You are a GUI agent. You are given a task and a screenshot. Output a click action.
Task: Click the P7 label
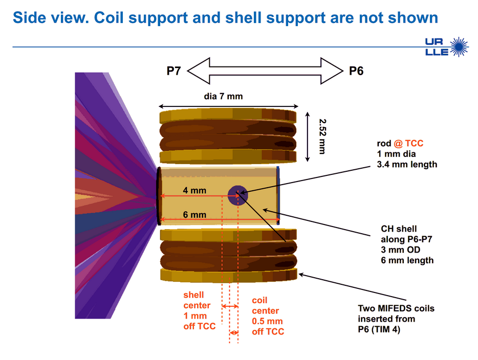pos(174,71)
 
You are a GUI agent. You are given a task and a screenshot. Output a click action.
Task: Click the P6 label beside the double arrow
pos(356,71)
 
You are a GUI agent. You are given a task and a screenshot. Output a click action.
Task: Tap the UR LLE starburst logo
pos(447,47)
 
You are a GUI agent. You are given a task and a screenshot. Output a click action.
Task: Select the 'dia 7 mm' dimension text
pos(224,96)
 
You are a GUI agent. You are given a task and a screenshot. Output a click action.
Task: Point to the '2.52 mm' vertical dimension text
pos(322,137)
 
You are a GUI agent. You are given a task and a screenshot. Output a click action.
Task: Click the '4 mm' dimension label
pos(194,190)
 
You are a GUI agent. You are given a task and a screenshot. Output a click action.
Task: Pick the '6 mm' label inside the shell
pos(194,215)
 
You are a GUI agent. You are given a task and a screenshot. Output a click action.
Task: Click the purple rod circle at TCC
pos(238,195)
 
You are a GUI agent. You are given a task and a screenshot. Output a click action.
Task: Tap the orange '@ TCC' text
pos(408,143)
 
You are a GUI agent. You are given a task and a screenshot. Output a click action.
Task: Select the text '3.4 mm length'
pos(407,165)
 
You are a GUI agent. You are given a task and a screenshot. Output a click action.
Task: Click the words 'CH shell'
pos(399,229)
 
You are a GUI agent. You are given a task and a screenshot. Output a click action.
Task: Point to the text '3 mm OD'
pos(401,250)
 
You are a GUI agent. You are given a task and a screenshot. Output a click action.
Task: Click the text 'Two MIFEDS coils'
pos(396,308)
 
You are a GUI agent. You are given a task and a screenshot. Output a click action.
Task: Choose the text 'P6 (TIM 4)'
pos(379,329)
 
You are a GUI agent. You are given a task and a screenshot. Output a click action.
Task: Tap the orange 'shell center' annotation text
pos(197,300)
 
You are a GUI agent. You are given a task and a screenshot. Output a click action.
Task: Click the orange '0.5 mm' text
pos(267,321)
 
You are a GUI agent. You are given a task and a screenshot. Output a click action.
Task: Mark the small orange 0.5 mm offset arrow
pos(234,333)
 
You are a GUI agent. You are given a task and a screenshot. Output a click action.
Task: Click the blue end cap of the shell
pos(278,195)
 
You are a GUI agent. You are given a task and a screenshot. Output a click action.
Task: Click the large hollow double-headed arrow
pos(265,71)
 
